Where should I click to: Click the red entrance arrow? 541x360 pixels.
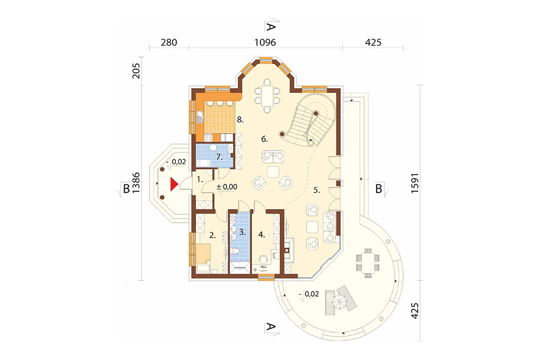click(173, 184)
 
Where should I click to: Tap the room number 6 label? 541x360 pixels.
click(264, 139)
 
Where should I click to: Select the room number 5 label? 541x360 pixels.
click(317, 190)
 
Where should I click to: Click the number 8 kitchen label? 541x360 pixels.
click(240, 120)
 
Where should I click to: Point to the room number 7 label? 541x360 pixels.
click(219, 157)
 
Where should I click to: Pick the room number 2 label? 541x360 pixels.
click(212, 235)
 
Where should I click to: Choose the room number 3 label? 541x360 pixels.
click(242, 232)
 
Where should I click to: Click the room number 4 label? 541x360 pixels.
click(262, 235)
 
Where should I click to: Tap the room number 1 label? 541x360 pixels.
click(200, 179)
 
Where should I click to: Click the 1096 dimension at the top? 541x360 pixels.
click(265, 42)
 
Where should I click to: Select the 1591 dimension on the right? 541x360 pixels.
click(415, 183)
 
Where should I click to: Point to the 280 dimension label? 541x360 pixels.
click(169, 42)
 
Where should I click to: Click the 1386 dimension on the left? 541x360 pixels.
click(136, 183)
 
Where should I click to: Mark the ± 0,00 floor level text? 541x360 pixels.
click(227, 187)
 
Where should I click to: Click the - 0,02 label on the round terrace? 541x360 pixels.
click(309, 294)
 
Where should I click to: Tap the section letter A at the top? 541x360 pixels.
click(271, 26)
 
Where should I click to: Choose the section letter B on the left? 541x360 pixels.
click(126, 189)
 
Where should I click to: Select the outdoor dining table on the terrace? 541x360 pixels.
click(368, 263)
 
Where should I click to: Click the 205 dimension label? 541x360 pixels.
click(136, 71)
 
